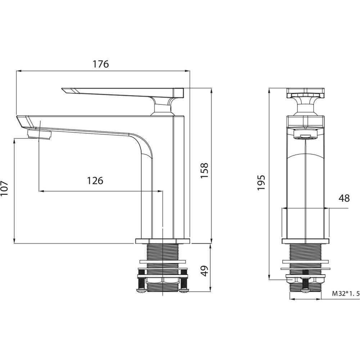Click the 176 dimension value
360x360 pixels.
pos(100,64)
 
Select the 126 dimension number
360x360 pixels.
pos(95,181)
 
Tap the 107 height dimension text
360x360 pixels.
pos(4,188)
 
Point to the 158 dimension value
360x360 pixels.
pos(204,170)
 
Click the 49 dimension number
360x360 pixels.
pos(204,271)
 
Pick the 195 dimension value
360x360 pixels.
pos(261,183)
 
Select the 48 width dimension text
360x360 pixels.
pos(344,198)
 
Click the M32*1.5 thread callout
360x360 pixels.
pos(346,293)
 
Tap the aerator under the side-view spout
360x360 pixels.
pos(40,134)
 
